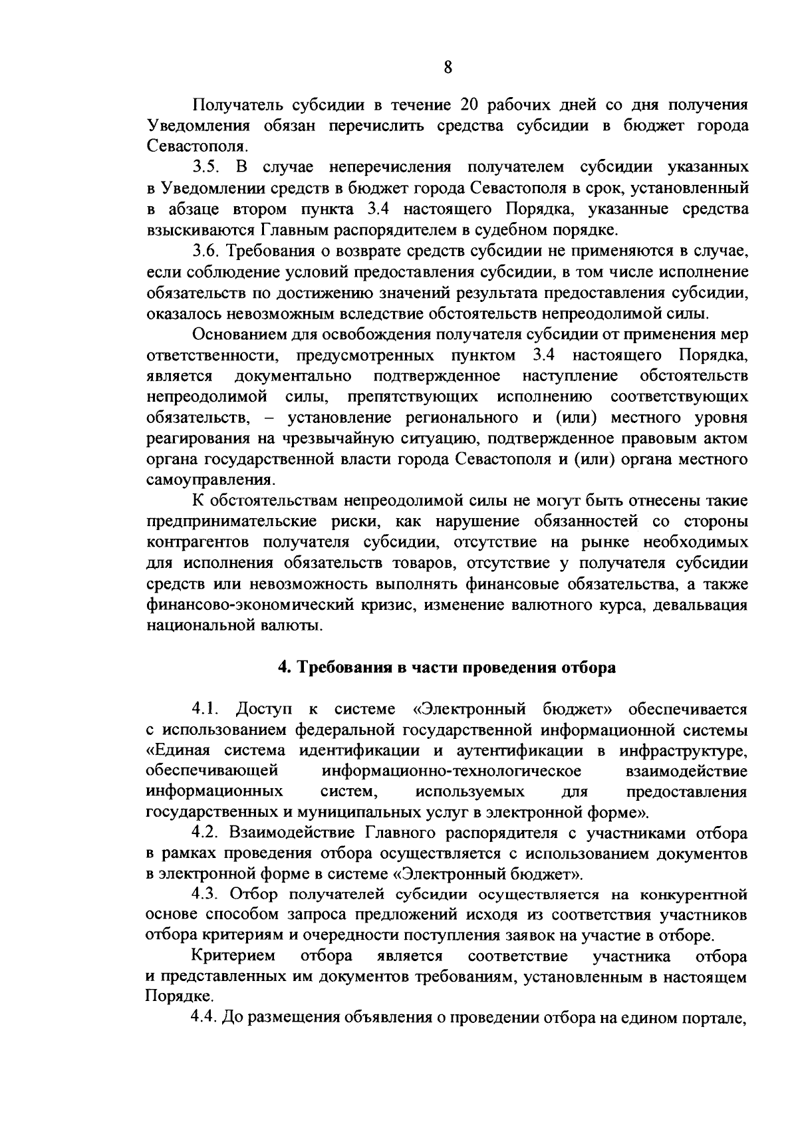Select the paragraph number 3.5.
[x=205, y=168]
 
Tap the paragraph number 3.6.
[x=205, y=251]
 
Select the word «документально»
[x=293, y=376]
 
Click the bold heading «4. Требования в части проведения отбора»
[x=446, y=668]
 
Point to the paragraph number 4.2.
[x=205, y=834]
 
